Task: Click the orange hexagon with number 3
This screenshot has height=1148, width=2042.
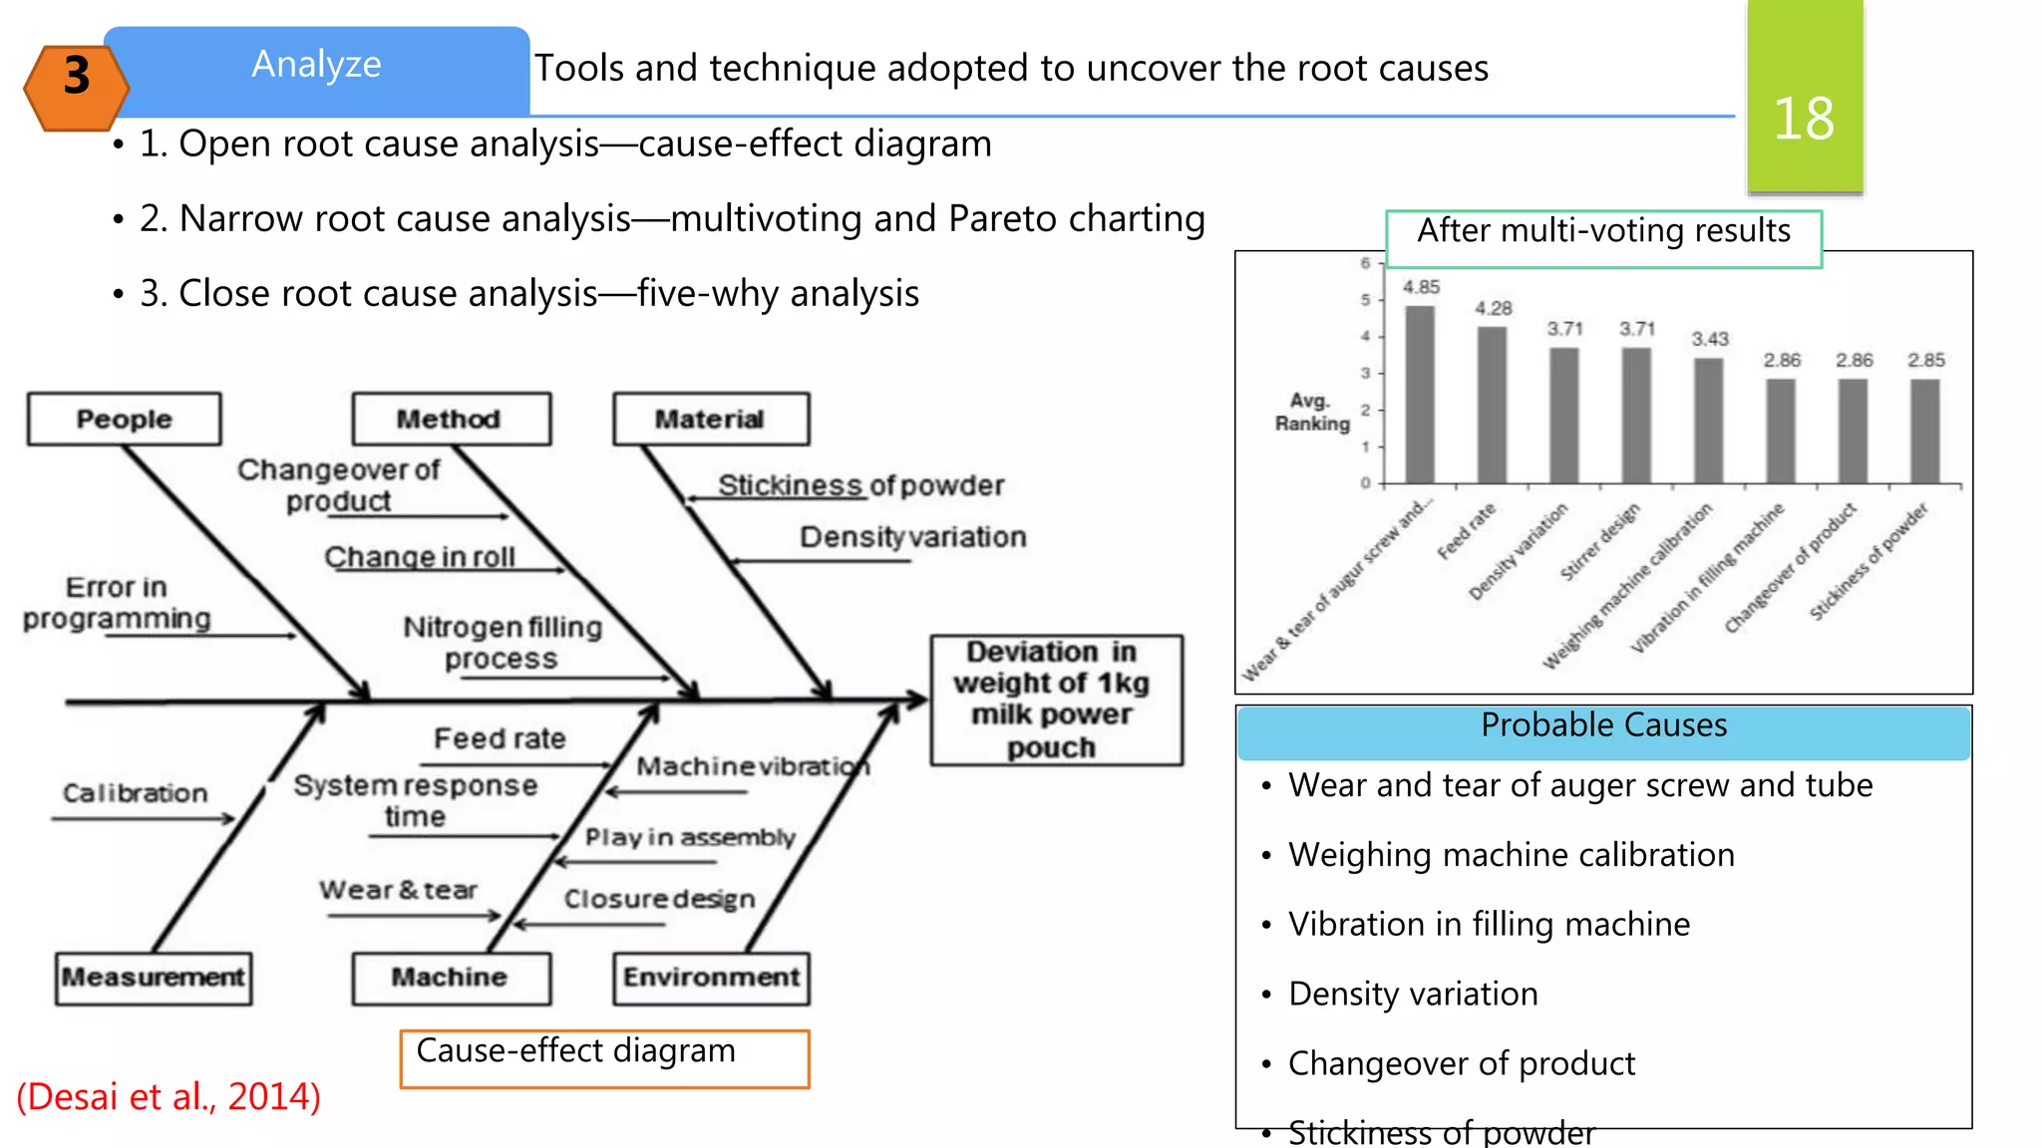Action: pos(77,88)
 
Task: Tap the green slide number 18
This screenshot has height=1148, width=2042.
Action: pos(1805,100)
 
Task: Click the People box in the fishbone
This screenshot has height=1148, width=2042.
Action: pos(125,419)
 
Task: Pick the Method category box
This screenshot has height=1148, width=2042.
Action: pos(450,419)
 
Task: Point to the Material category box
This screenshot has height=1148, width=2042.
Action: pos(710,419)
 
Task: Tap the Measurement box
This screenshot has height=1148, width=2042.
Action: pos(154,978)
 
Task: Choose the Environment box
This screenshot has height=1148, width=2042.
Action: pos(711,978)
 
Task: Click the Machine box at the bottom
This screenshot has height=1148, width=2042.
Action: pos(450,978)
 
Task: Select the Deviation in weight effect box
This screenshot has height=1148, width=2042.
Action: pos(1055,700)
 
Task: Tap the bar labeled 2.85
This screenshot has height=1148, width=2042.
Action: pos(1925,430)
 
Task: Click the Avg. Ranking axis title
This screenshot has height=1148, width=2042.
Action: pos(1311,412)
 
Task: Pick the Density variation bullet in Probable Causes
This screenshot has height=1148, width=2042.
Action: pos(1412,994)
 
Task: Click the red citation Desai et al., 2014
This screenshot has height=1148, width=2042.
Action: pos(169,1096)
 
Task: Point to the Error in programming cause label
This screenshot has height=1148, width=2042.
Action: pos(117,602)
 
